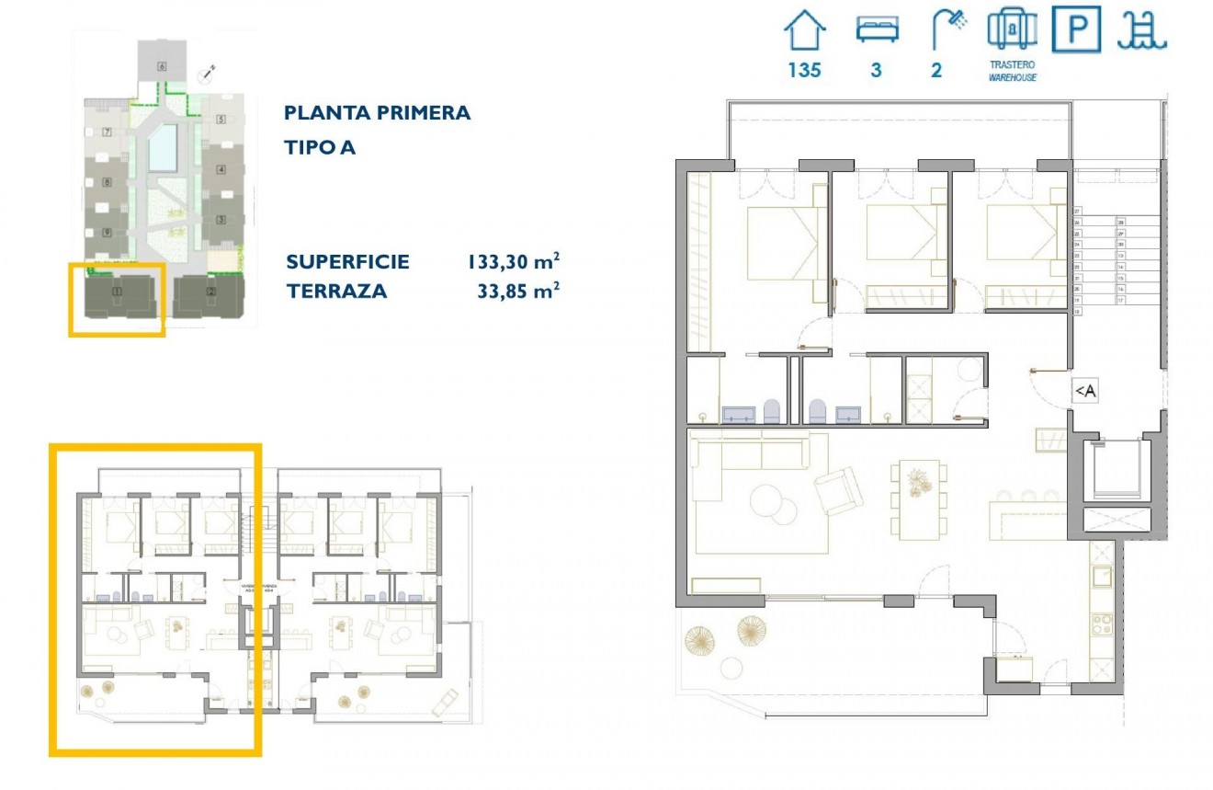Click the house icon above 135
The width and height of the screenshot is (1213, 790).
coord(805,30)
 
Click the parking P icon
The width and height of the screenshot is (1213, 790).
coord(1077,30)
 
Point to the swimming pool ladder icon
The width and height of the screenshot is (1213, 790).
coord(1141,30)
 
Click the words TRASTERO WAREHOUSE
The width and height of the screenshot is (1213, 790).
coord(1013,72)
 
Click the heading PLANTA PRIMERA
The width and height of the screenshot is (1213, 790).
coord(377,113)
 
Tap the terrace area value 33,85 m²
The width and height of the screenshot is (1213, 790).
coord(517,292)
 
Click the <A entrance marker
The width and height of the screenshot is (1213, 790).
coord(1085,392)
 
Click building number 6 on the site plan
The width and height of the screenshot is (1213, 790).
coord(162,65)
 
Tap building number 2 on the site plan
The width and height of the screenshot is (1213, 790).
coord(211,292)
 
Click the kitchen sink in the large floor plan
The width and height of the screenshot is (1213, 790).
coord(1100,578)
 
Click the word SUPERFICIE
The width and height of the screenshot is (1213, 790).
coord(347,262)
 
